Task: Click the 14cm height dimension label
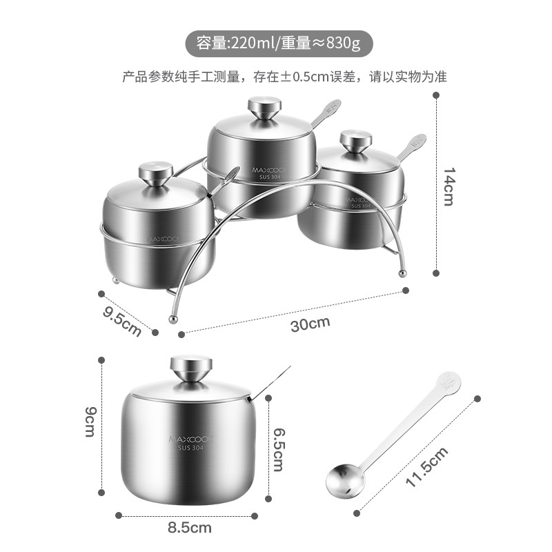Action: tap(448, 186)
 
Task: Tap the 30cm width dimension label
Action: tap(310, 324)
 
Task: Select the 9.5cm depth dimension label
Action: tap(122, 321)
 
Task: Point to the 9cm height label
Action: tap(90, 422)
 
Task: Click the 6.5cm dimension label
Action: tap(279, 449)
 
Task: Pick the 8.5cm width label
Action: tap(190, 528)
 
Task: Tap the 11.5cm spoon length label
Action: tap(427, 467)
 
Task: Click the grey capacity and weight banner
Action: tap(279, 43)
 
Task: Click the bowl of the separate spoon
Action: tap(346, 480)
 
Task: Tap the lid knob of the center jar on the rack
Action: tap(265, 108)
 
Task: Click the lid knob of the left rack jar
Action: tap(156, 173)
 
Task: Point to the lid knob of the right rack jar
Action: tap(355, 141)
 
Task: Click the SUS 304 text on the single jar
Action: tap(191, 448)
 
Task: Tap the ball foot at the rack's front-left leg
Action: tap(173, 319)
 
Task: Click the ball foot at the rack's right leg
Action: tap(402, 273)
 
